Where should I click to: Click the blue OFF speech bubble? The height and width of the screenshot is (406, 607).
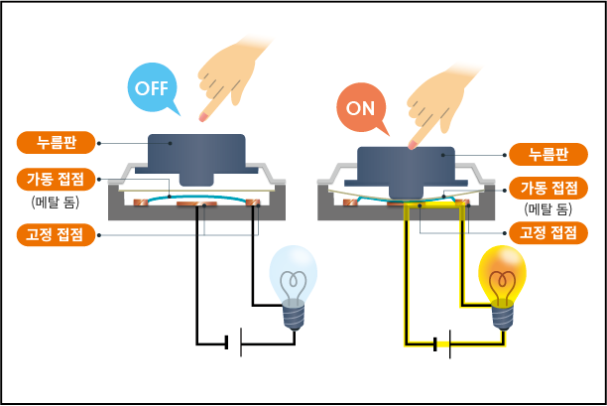coord(152,88)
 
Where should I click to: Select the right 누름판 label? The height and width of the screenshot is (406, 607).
coord(548,154)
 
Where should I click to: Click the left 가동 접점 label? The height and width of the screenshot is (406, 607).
coord(57,180)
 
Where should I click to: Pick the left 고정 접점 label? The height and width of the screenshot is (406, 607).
coord(57,235)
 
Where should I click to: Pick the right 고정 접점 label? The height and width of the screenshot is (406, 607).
coord(548,233)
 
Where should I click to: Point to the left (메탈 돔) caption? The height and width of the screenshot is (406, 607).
coord(57,203)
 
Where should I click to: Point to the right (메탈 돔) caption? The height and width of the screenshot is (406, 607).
coord(548,209)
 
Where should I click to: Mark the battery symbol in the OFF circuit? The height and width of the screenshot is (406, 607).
coord(234,343)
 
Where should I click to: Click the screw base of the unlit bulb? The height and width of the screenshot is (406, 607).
coord(294,315)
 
